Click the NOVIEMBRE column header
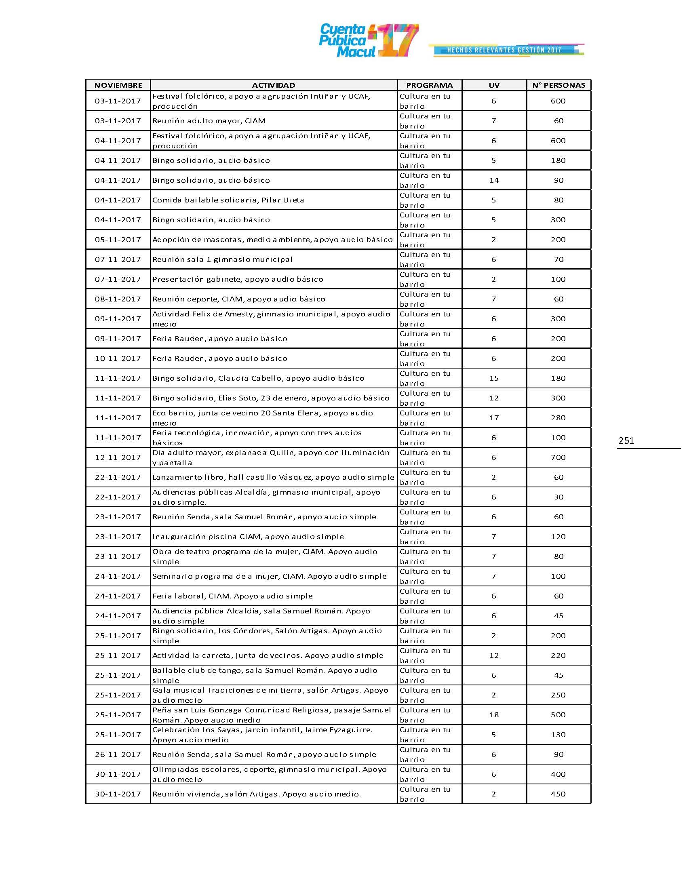pyautogui.click(x=118, y=85)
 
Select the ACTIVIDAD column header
pyautogui.click(x=274, y=85)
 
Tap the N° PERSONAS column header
pyautogui.click(x=558, y=85)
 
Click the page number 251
pyautogui.click(x=626, y=440)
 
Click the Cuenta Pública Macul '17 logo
pyautogui.click(x=368, y=41)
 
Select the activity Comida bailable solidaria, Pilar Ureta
pyautogui.click(x=228, y=200)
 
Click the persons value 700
pyautogui.click(x=558, y=457)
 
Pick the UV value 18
pyautogui.click(x=494, y=715)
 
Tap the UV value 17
pyautogui.click(x=494, y=418)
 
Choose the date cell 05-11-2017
pyautogui.click(x=118, y=239)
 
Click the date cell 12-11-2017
pyautogui.click(x=118, y=457)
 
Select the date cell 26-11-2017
pyautogui.click(x=118, y=754)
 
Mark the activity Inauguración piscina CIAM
pyautogui.click(x=248, y=537)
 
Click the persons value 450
pyautogui.click(x=558, y=794)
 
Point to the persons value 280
pyautogui.click(x=558, y=418)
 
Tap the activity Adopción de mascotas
pyautogui.click(x=272, y=239)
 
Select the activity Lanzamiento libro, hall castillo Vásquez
pyautogui.click(x=273, y=477)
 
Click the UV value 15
pyautogui.click(x=494, y=378)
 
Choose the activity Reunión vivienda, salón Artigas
pyautogui.click(x=256, y=794)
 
